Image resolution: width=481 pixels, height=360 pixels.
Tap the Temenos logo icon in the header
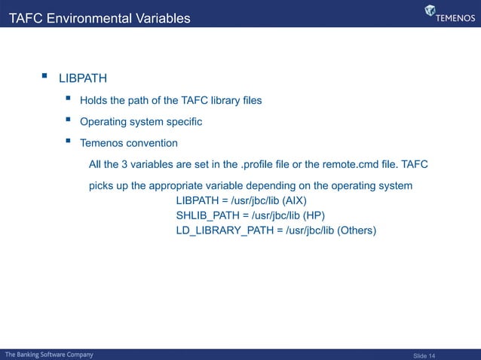pos(430,11)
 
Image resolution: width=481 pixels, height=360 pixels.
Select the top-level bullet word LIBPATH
pos(83,78)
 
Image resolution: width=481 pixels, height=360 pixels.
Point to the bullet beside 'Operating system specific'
pos(69,121)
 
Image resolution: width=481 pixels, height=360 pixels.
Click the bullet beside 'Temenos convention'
pos(69,142)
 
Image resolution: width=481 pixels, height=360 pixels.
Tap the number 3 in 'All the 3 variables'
pos(125,164)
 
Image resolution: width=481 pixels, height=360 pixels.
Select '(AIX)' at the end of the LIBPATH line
pos(296,201)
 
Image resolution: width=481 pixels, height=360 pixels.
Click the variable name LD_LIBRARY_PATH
pos(219,230)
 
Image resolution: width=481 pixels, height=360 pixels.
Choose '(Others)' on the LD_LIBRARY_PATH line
pos(357,230)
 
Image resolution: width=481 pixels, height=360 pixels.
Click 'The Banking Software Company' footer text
pos(50,354)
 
